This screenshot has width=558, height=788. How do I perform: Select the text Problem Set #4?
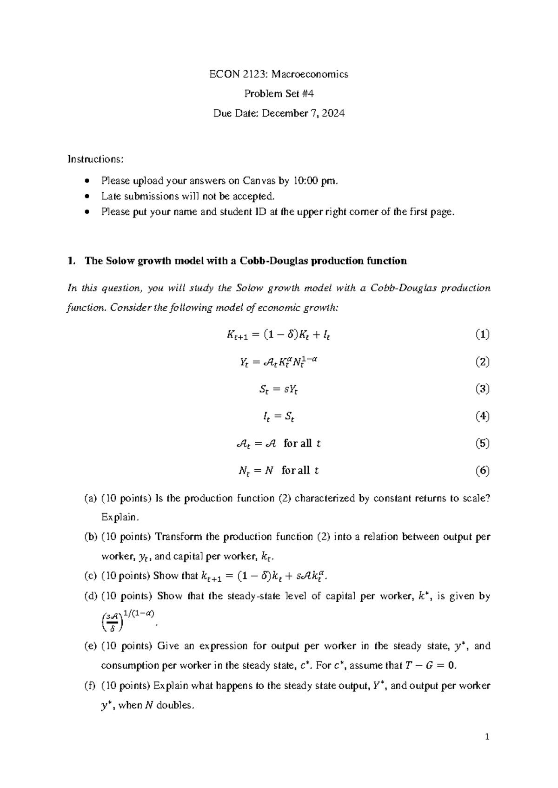(279, 94)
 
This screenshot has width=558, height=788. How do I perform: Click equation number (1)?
(482, 334)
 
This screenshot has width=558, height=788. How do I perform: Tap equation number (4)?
(482, 416)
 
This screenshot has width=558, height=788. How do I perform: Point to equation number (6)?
(482, 471)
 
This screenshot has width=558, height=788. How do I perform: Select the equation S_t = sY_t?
(278, 389)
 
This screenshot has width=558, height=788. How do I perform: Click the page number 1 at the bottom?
(487, 737)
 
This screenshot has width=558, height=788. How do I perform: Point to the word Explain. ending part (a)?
(120, 517)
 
